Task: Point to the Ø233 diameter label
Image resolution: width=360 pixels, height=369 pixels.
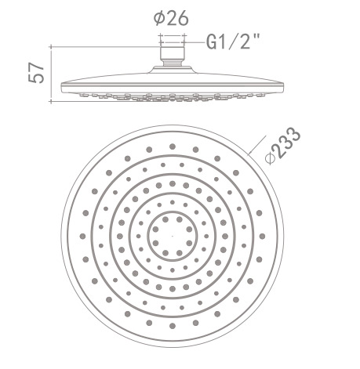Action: tap(284, 145)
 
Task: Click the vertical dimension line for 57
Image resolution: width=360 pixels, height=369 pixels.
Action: tap(52, 74)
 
